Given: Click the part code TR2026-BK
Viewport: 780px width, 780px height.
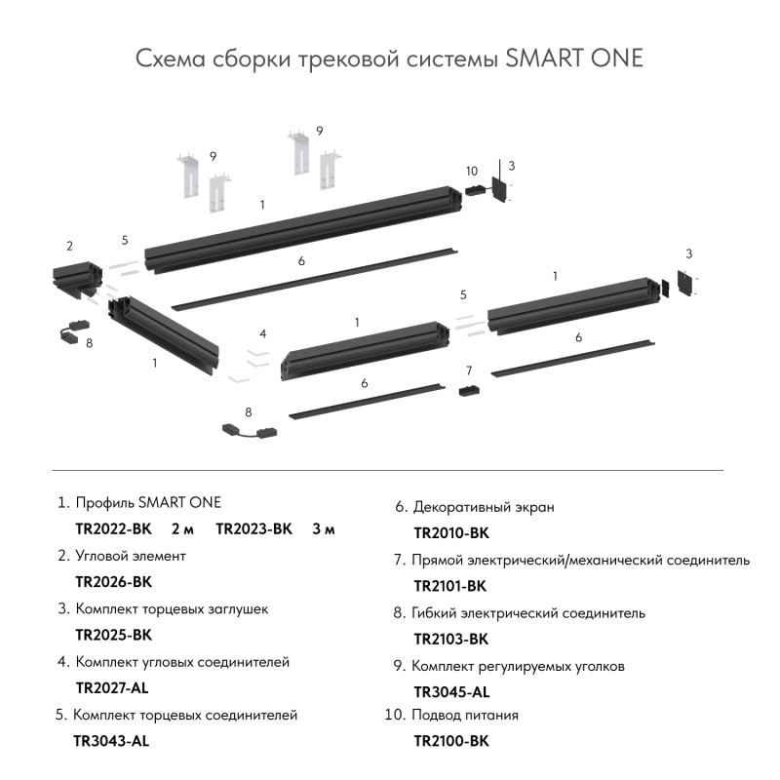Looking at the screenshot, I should [114, 582].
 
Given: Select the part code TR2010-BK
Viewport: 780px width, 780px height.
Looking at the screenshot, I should [451, 533].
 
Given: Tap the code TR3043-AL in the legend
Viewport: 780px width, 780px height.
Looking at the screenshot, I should [111, 741].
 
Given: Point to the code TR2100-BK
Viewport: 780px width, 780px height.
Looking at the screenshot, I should [451, 741].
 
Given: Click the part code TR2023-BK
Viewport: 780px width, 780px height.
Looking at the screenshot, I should [253, 529].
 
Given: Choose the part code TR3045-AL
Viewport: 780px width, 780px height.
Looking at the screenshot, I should [451, 692].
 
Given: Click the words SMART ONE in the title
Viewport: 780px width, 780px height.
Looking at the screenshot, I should [575, 58].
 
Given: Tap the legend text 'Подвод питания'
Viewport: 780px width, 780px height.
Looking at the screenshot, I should [465, 715].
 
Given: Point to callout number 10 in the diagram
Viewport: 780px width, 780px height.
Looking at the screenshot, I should [472, 172].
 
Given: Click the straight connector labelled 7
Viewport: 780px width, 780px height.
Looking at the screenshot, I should [469, 390].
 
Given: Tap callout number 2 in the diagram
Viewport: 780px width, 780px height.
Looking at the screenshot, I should [69, 246].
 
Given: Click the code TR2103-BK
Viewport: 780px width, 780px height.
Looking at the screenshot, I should [451, 640].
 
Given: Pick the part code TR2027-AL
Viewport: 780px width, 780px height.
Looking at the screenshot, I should [113, 687].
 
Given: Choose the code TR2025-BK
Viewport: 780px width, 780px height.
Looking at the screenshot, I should [114, 635].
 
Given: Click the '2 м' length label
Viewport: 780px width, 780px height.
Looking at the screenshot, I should [182, 529].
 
